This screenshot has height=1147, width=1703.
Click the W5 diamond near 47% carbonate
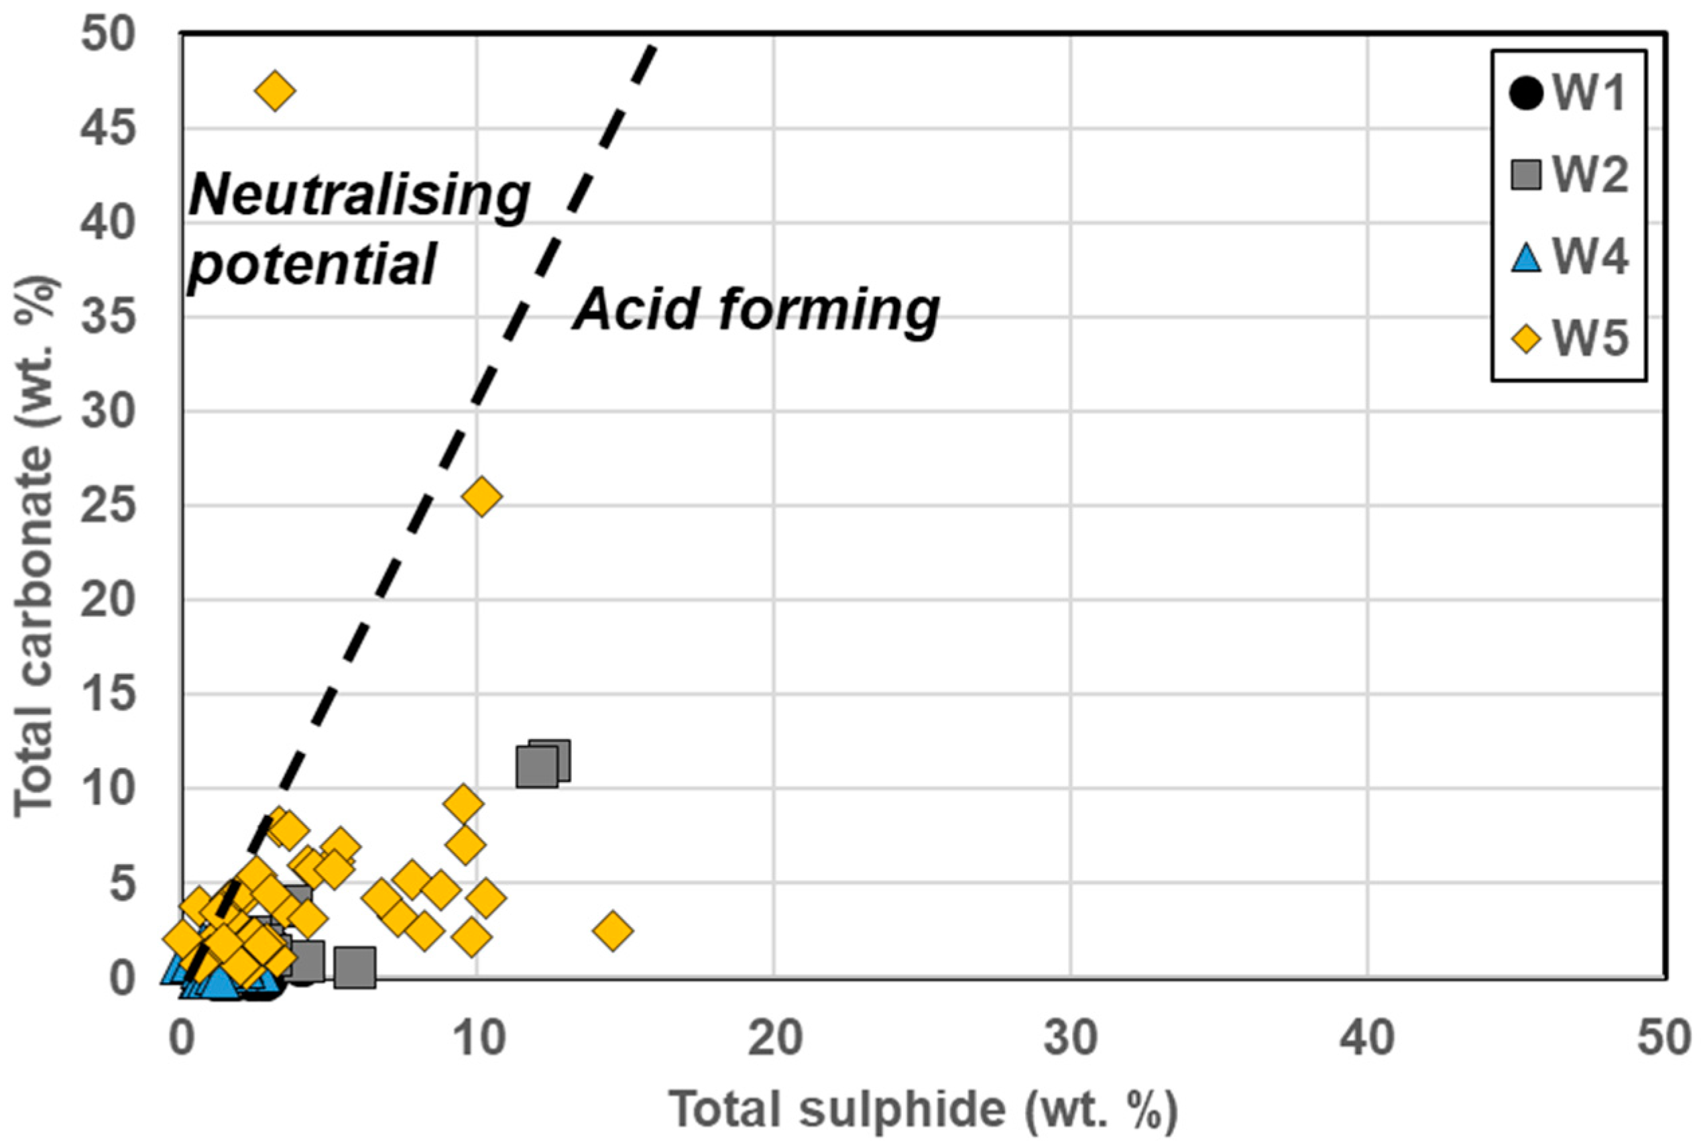point(274,91)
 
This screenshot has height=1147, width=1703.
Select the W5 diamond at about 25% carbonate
point(481,496)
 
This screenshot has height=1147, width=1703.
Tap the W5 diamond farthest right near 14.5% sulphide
point(613,930)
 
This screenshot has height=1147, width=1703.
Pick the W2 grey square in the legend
point(1526,175)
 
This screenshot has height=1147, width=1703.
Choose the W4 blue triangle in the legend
point(1526,258)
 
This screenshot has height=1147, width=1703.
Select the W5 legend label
point(1590,339)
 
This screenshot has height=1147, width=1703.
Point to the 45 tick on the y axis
point(108,129)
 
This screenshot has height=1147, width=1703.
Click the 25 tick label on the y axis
point(108,506)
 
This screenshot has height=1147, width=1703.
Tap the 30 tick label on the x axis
point(1071,1039)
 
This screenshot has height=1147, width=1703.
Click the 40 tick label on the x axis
point(1366,1039)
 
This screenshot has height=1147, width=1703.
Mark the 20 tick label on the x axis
point(774,1039)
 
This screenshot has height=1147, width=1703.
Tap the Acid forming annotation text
point(756,310)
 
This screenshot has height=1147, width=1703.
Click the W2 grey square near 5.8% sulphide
point(355,967)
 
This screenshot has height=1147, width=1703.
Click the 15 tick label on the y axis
point(108,694)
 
